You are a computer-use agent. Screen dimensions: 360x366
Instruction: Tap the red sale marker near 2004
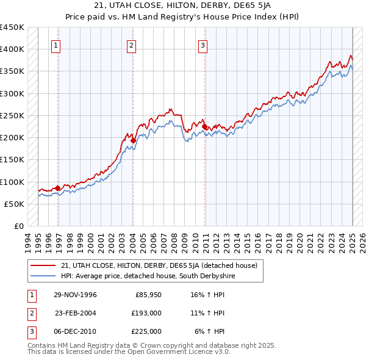[x=133, y=140]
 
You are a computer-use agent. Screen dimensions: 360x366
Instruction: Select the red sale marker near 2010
[x=205, y=127]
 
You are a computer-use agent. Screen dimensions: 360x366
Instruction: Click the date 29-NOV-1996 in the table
[x=76, y=295]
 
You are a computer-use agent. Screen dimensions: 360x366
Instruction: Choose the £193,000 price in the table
[x=147, y=313]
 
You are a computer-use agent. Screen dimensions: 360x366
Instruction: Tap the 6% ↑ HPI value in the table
[x=210, y=331]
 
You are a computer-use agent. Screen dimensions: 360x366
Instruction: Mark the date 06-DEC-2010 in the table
[x=76, y=331]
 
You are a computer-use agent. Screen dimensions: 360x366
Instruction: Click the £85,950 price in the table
[x=148, y=295]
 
